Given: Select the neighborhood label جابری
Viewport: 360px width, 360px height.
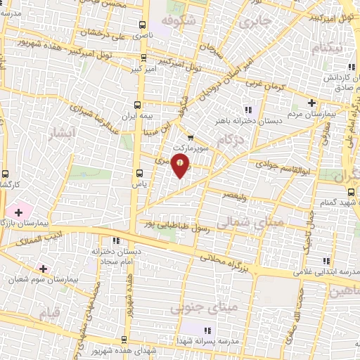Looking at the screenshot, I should pyautogui.click(x=255, y=22).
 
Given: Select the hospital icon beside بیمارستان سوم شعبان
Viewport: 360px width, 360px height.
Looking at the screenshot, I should pyautogui.click(x=44, y=269).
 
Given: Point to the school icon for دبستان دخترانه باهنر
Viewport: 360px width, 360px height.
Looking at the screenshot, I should pyautogui.click(x=247, y=109).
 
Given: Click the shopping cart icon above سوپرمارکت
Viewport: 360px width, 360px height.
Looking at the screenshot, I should pyautogui.click(x=191, y=138).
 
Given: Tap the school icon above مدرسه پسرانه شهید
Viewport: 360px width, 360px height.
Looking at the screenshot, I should pyautogui.click(x=208, y=330).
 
